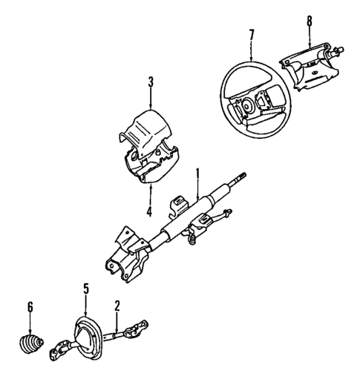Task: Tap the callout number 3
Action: click(151, 83)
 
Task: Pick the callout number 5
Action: click(86, 289)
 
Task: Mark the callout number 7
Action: click(252, 33)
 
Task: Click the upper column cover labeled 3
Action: click(148, 126)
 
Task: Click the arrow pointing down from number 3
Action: click(151, 98)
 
